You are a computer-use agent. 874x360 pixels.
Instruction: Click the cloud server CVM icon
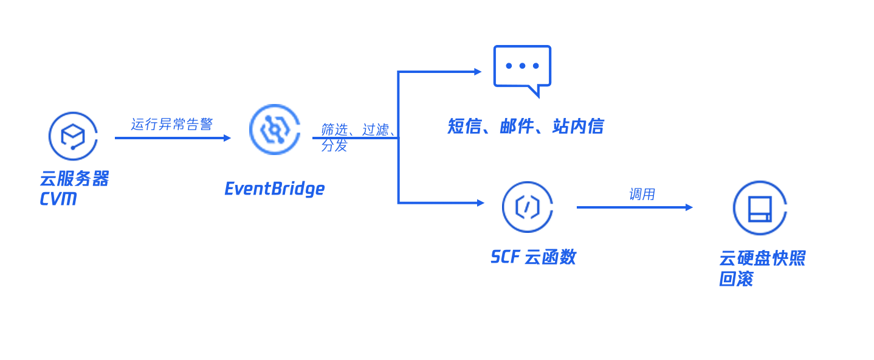[73, 136]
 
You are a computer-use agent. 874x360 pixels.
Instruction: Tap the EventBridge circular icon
[275, 130]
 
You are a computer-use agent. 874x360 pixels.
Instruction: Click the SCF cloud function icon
[527, 207]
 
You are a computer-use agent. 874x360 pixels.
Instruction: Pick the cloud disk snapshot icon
[759, 208]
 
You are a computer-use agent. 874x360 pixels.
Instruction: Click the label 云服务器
[74, 179]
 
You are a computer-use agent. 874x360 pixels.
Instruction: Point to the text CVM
[58, 199]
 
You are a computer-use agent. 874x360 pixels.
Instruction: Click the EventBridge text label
[274, 189]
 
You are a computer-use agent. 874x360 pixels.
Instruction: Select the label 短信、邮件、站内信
[525, 126]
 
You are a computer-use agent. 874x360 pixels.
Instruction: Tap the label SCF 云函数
[532, 257]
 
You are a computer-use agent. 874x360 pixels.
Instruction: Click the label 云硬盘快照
[762, 258]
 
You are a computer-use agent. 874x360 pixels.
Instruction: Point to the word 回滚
[735, 279]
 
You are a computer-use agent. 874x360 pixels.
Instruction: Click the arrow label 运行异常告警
[171, 124]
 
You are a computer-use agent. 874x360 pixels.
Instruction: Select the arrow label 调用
[642, 194]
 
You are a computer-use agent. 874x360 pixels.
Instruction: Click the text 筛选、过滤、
[358, 129]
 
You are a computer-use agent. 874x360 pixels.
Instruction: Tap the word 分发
[334, 145]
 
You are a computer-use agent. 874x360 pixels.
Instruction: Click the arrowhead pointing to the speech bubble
[478, 72]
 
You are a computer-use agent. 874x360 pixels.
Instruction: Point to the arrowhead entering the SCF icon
[480, 203]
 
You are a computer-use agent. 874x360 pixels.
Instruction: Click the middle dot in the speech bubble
[522, 66]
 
